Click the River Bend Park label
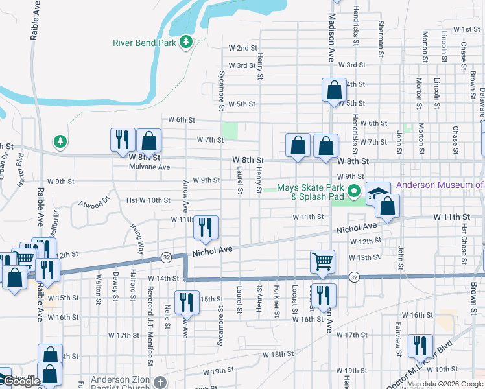tap(144, 43)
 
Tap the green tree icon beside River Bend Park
tap(187, 42)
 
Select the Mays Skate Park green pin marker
tap(353, 191)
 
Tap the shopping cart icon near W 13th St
tap(322, 261)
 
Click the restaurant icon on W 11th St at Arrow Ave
tap(206, 227)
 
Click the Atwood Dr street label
tap(95, 207)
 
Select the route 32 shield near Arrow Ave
tap(166, 257)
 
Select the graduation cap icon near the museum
tap(379, 193)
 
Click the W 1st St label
tap(466, 29)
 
